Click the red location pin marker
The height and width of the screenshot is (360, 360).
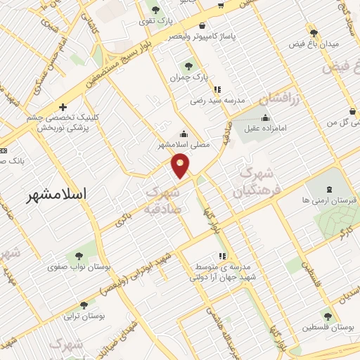(x=181, y=165)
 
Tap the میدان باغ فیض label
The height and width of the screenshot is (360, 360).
(x=314, y=44)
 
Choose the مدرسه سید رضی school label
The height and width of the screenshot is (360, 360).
(x=217, y=101)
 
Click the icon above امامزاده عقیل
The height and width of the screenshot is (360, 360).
(x=264, y=117)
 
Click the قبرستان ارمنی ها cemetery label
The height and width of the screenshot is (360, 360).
(x=328, y=200)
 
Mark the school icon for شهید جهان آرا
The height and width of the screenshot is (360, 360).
(x=222, y=255)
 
